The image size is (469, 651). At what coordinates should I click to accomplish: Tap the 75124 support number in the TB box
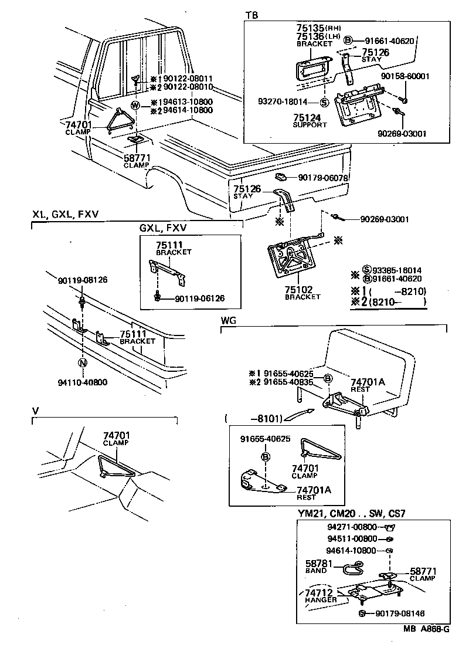(x=310, y=117)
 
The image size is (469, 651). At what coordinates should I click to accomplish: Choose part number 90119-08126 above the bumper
(x=83, y=280)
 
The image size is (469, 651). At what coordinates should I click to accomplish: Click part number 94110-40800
(x=83, y=382)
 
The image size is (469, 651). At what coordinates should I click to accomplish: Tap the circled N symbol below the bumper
(x=83, y=363)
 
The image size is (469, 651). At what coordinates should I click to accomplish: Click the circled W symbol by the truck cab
(x=135, y=106)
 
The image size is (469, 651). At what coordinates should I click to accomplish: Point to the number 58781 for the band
(x=318, y=563)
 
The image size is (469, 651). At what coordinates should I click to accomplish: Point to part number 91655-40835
(x=288, y=382)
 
